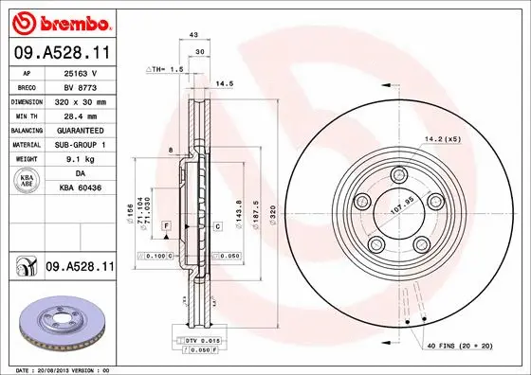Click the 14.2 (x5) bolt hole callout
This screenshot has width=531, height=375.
(x=443, y=138)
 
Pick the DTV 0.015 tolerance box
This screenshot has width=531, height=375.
(x=196, y=339)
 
